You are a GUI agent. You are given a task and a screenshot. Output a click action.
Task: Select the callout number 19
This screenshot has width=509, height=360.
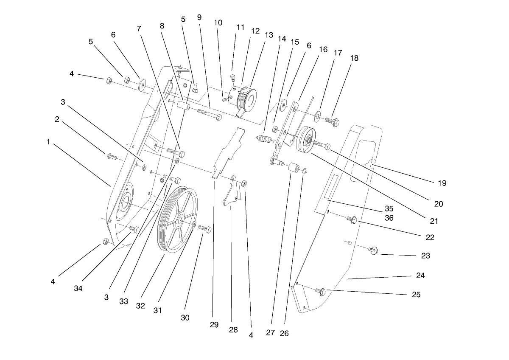tap(442, 183)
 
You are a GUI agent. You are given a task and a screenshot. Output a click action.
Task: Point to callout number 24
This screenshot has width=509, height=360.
tap(420, 276)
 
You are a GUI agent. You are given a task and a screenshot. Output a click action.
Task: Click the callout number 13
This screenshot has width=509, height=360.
tap(269, 35)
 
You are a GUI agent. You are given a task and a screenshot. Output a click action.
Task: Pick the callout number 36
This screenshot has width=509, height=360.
tap(389, 218)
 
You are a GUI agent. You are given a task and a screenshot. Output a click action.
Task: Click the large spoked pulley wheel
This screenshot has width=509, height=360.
tap(177, 219)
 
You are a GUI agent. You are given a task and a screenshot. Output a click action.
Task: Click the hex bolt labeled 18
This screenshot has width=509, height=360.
tap(333, 122)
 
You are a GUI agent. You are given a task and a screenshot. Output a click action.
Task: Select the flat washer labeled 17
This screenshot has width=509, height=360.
tap(318, 115)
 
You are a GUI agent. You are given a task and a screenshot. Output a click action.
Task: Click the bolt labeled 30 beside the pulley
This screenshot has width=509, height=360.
tap(205, 230)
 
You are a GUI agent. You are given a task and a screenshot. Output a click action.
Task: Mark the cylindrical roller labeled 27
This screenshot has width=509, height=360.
tap(292, 167)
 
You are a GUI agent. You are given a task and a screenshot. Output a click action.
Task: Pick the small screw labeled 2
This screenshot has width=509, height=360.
tap(112, 157)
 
